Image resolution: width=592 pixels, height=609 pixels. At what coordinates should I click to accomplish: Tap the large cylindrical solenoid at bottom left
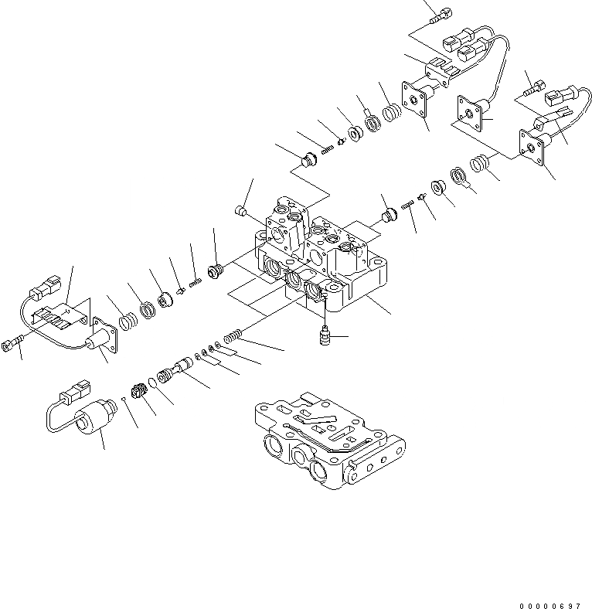pyautogui.click(x=91, y=423)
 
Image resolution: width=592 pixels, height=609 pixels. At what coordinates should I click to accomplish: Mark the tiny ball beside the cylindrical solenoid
pyautogui.click(x=124, y=396)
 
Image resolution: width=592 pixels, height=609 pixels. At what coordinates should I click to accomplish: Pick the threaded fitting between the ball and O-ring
pyautogui.click(x=139, y=390)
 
